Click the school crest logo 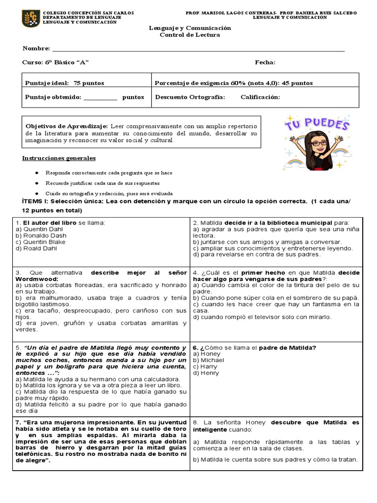point(31,18)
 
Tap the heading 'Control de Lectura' point(189,35)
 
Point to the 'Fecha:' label point(265,62)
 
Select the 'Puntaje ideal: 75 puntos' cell point(65,83)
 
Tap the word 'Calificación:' point(260,97)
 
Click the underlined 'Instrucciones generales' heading point(59,158)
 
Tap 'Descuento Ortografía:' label point(190,97)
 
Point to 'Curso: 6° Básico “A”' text point(55,62)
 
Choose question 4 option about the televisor point(262,317)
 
